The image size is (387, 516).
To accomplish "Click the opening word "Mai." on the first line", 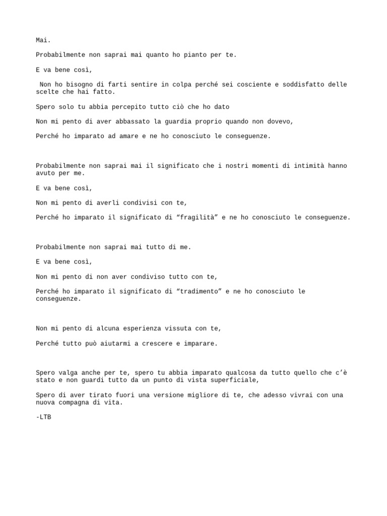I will click(43, 40).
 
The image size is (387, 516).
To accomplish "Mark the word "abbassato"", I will click(133, 121).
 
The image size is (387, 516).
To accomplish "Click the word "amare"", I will click(133, 136).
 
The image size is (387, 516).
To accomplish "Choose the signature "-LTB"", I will click(43, 417).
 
